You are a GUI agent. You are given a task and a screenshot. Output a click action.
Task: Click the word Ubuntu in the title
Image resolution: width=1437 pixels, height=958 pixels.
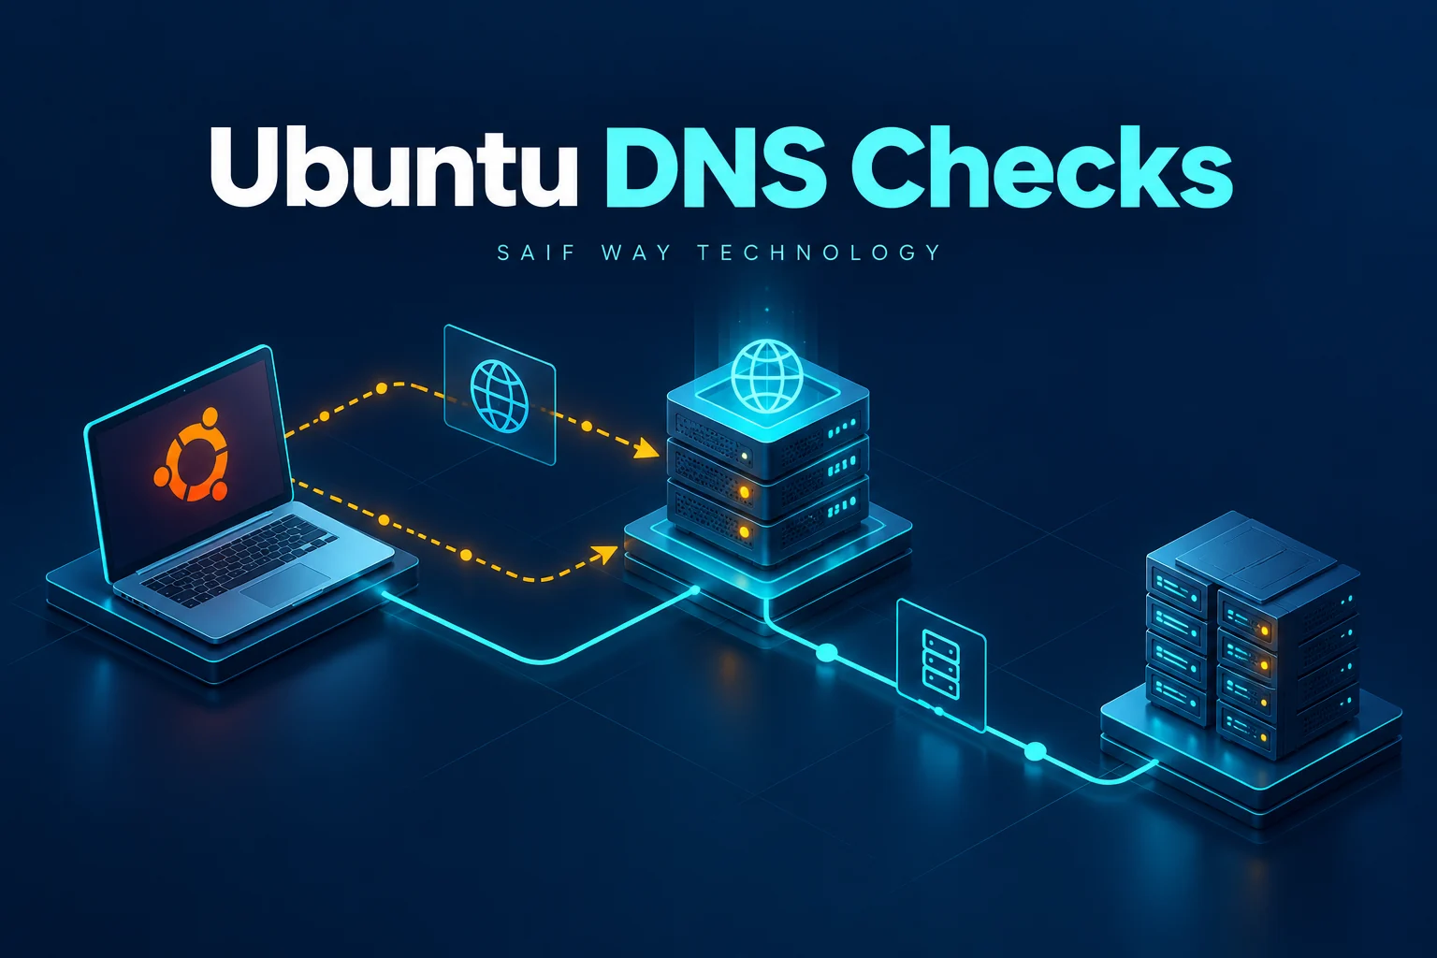click(x=393, y=167)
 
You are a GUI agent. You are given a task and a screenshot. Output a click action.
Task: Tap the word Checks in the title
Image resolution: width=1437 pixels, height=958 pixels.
click(x=1041, y=167)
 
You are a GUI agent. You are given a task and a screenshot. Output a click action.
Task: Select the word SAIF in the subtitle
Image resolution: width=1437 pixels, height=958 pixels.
click(x=536, y=253)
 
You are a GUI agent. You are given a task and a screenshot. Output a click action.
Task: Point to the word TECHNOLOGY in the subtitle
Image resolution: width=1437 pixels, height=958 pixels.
click(x=820, y=253)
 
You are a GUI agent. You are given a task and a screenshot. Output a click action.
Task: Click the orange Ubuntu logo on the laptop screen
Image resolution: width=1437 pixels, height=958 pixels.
click(x=191, y=455)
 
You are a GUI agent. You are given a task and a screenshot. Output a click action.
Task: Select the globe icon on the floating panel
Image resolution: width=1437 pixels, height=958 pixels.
click(x=499, y=395)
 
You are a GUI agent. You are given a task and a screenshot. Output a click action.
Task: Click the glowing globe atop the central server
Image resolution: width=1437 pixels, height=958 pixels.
click(x=767, y=376)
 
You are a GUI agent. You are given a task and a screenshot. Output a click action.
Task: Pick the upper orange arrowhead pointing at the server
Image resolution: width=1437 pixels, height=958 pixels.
click(x=647, y=448)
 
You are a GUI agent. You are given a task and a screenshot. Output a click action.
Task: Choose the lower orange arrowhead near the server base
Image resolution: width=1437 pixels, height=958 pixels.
click(x=605, y=554)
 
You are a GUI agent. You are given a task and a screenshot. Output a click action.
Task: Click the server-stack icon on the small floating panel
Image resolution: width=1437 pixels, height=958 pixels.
click(x=940, y=664)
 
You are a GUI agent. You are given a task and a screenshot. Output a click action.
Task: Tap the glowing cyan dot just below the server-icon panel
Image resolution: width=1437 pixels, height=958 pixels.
click(x=939, y=711)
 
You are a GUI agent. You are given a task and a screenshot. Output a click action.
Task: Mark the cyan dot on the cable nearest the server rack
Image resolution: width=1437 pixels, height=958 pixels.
click(x=1035, y=751)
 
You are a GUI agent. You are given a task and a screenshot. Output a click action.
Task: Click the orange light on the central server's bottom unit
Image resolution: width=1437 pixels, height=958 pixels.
click(x=744, y=532)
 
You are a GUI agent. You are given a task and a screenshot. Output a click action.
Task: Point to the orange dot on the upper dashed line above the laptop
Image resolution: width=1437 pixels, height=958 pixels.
click(x=381, y=388)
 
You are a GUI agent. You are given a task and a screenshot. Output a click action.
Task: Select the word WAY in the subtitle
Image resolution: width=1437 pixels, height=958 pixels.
click(x=636, y=253)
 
